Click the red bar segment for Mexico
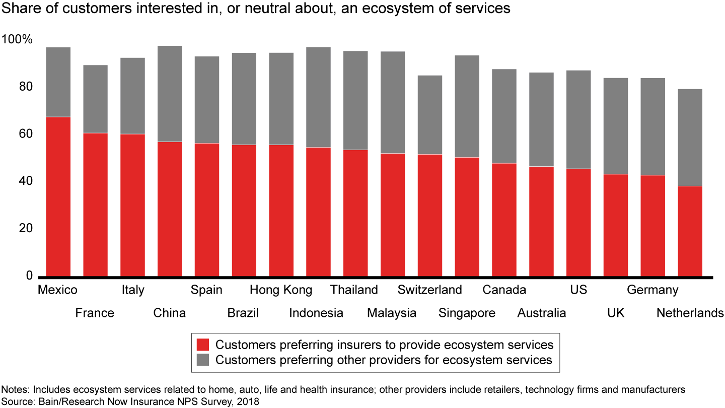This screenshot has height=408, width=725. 58,196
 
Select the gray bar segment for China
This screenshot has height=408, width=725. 170,94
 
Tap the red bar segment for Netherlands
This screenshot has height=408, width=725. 690,231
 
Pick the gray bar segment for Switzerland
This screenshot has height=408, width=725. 430,115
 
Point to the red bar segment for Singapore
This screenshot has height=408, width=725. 467,217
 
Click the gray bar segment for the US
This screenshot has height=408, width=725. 578,119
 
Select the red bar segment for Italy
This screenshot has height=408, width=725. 132,205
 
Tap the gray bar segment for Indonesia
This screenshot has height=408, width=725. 319,97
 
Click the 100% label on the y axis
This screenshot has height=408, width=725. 18,39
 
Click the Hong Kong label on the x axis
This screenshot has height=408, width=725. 281,290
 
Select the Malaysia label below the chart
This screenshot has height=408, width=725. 392,313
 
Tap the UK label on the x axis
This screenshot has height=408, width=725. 616,313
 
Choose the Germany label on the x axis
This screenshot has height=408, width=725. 652,290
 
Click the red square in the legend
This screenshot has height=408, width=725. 202,345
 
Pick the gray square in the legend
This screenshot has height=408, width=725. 202,360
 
